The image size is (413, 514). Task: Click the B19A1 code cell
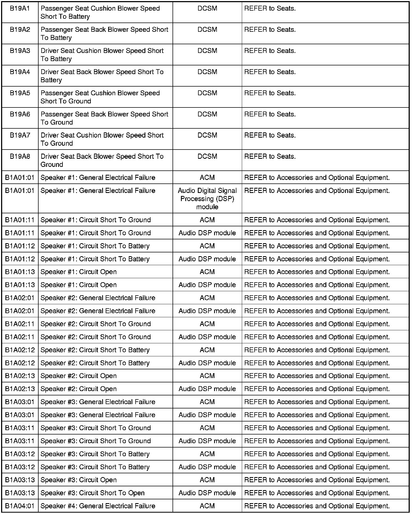click(20, 9)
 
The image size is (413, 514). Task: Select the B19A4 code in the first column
click(20, 72)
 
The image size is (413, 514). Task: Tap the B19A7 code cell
click(20, 135)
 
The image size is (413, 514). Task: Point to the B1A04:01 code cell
click(20, 506)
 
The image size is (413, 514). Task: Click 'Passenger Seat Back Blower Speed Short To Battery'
click(104, 33)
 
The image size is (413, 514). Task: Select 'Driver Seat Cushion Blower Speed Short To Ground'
click(102, 139)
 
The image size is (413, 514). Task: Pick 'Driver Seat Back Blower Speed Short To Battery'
click(102, 76)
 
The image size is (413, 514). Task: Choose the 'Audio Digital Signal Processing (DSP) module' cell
click(207, 199)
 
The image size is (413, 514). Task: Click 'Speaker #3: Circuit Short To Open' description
click(92, 493)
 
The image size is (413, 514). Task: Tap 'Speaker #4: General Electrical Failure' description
click(98, 506)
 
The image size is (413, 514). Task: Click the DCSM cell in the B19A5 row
click(207, 93)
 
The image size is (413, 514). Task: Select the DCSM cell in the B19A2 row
click(207, 30)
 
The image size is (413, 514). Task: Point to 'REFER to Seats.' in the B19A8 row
click(270, 157)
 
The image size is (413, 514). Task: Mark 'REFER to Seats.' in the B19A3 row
click(270, 51)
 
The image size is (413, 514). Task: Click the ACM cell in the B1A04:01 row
click(207, 506)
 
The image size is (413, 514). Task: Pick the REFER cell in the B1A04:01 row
click(317, 506)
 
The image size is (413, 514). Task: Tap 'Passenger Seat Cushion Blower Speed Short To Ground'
click(100, 97)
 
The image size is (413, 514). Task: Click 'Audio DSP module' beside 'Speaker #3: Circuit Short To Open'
click(207, 493)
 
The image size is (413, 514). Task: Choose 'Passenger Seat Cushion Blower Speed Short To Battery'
click(100, 12)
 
